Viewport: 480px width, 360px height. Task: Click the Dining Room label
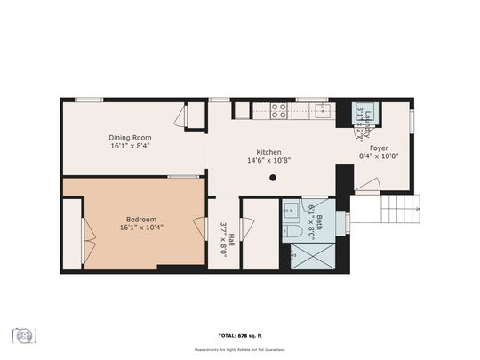tap(130, 137)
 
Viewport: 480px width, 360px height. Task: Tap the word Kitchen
tap(268, 151)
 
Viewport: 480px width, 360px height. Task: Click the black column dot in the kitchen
tap(273, 177)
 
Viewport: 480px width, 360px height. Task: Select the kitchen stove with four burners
tap(279, 111)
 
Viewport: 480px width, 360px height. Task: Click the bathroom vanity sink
tap(291, 212)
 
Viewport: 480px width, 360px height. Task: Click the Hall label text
tap(229, 237)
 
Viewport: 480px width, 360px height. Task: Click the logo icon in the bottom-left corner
tap(24, 335)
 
